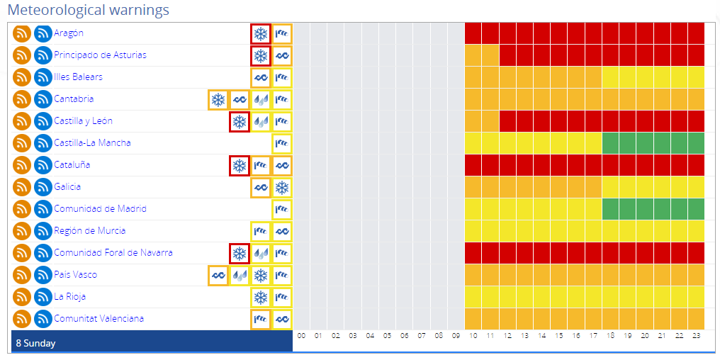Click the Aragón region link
point(69,33)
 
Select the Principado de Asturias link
point(100,55)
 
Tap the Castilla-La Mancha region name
point(92,143)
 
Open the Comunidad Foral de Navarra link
point(113,253)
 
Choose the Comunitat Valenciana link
point(99,319)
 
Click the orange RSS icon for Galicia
point(22,187)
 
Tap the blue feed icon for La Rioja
point(43,297)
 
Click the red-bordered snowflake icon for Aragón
point(261,33)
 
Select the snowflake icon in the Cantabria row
point(218,99)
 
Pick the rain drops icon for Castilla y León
point(261,121)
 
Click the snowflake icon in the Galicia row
point(282,187)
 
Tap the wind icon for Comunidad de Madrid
point(282,209)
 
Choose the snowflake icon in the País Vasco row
point(261,275)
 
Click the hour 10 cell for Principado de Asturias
point(473,55)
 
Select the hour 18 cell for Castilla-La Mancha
point(610,143)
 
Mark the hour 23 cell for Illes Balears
point(696,77)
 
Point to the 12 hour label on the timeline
point(507,335)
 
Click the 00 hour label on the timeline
point(302,335)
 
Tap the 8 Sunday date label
point(35,343)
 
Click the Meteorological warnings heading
point(88,10)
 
